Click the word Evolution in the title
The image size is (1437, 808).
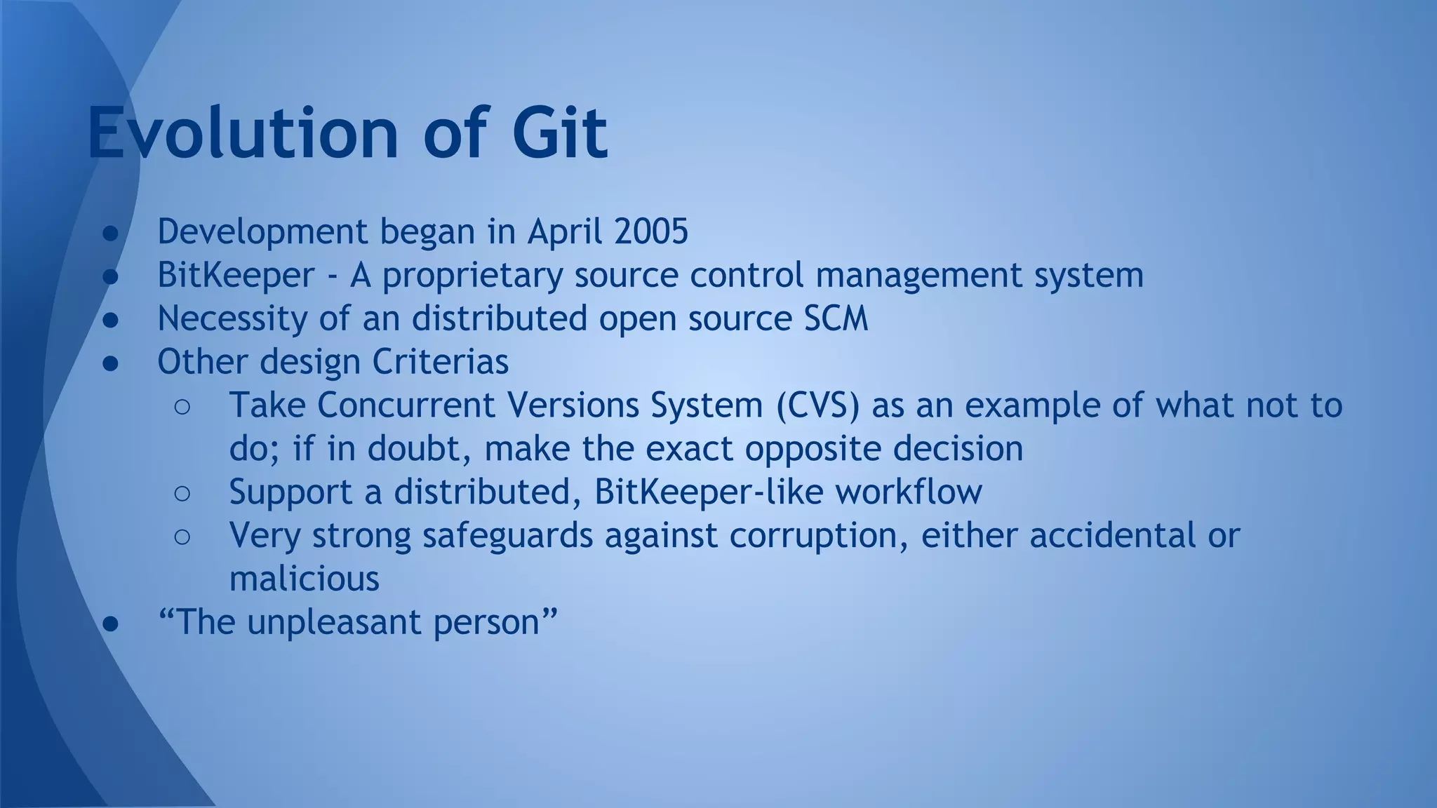[x=243, y=133]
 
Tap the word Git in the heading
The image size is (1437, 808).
[x=559, y=133]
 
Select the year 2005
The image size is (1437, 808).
[x=651, y=231]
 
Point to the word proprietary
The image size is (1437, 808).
[x=472, y=275]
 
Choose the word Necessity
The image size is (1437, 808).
[x=232, y=318]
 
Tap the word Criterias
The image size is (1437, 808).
[x=440, y=362]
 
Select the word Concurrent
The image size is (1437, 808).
[x=406, y=405]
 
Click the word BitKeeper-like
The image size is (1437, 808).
[x=709, y=492]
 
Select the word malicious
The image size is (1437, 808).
[x=304, y=579]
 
